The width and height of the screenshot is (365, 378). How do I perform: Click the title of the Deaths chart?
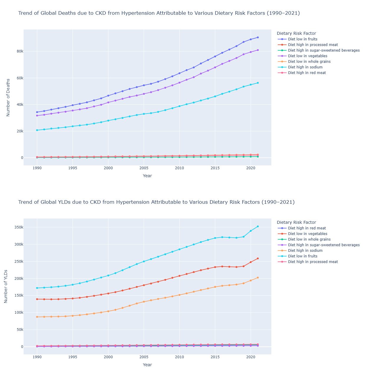159,13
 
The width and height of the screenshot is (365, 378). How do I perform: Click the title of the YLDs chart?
156,202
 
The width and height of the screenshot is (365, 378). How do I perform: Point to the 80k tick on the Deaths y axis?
19,51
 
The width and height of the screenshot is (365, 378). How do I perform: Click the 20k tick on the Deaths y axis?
19,131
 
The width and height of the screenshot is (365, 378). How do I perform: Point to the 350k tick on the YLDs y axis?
18,227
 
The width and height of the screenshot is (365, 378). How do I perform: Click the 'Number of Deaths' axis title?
8,97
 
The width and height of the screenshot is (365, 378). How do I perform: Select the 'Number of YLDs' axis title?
6,286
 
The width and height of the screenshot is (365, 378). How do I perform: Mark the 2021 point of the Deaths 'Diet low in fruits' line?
258,37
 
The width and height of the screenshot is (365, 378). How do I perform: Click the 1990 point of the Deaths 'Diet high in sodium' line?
37,130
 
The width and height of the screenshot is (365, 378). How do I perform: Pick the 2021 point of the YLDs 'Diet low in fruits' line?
258,226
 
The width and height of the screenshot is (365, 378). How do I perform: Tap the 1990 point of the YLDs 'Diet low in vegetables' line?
37,299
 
